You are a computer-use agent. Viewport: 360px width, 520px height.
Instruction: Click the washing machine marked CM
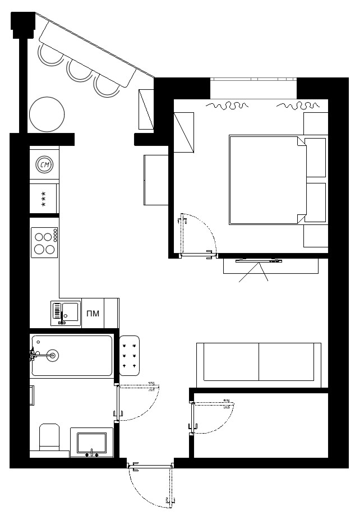[x=45, y=164]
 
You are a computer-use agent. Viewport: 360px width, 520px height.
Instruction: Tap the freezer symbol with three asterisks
[x=44, y=199]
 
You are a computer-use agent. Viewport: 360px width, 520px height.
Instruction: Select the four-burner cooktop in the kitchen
[x=44, y=242]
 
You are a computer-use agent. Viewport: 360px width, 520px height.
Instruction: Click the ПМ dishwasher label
[x=93, y=314]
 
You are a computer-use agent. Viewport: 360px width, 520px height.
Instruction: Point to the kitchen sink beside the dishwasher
[x=66, y=313]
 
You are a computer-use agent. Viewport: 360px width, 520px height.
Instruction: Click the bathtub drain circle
[x=53, y=356]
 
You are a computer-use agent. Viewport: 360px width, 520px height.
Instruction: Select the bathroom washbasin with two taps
[x=91, y=443]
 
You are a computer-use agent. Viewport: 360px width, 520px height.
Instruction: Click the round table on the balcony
[x=47, y=115]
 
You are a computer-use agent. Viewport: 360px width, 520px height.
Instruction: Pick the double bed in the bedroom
[x=267, y=180]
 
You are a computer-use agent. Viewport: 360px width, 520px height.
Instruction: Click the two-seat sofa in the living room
[x=259, y=365]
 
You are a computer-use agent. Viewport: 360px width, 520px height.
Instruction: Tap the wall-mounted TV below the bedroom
[x=259, y=261]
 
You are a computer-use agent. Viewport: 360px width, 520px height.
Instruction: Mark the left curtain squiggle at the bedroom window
[x=227, y=105]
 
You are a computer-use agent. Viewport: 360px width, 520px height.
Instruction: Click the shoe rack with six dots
[x=130, y=356]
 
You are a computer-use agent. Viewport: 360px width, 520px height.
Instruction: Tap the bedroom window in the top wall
[x=253, y=79]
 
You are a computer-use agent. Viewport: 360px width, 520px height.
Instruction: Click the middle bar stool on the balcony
[x=79, y=71]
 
